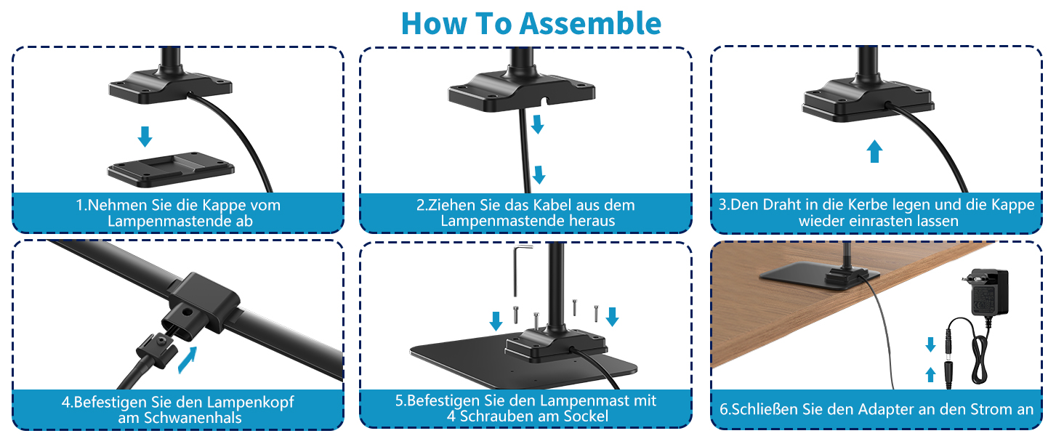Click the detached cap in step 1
171,169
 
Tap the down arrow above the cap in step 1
145,137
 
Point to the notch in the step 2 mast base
546,101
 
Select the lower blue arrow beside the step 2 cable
539,174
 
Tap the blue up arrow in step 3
874,151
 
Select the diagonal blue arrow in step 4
188,360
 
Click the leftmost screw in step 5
516,315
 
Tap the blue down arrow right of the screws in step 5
612,316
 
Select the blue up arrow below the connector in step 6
930,375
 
